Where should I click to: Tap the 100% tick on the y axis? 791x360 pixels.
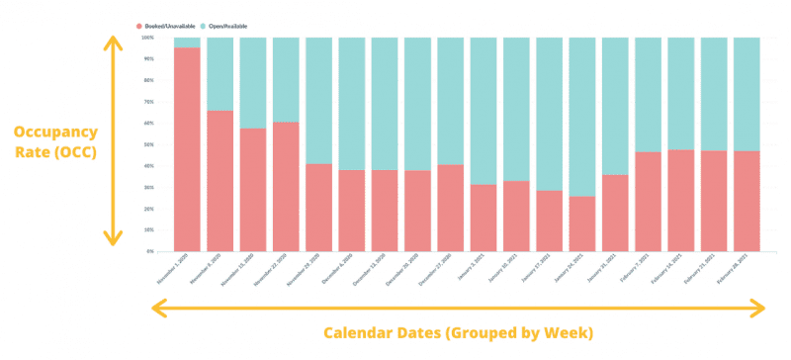147,38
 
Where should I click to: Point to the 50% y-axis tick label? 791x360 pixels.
148,144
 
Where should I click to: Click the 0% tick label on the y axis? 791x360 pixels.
149,251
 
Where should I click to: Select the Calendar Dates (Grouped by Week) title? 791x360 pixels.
457,331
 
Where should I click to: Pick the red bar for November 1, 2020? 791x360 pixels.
187,148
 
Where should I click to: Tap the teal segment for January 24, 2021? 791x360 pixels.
582,117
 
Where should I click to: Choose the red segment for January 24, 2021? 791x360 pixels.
582,224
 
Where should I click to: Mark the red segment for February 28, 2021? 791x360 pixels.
747,201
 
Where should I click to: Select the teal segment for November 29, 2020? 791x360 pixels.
318,100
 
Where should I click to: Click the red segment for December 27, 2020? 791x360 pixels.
450,208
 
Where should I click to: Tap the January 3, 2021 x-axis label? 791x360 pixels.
472,269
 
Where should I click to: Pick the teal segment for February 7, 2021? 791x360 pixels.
648,94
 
